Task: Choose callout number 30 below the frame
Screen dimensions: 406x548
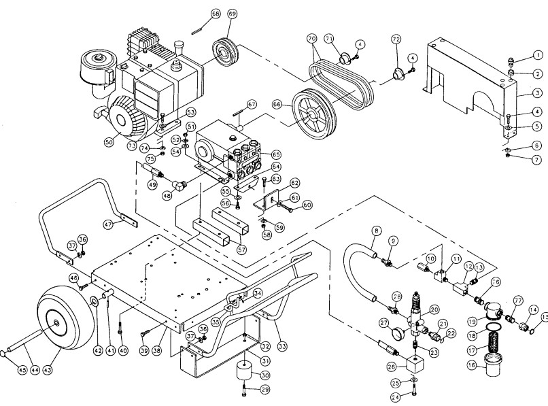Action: [265, 375]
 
